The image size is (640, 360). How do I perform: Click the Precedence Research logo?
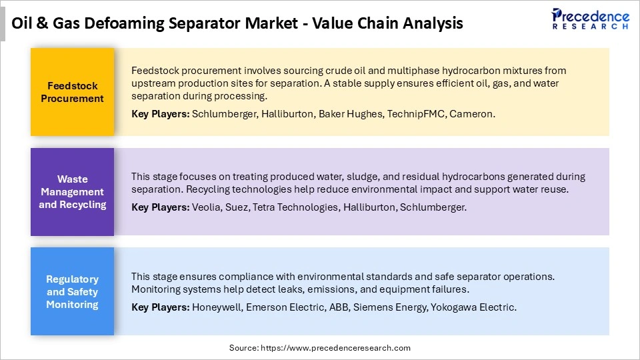[591, 18]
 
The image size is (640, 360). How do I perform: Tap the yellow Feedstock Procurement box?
[72, 92]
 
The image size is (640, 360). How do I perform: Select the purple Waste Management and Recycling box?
[72, 192]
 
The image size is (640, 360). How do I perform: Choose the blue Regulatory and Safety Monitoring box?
[72, 292]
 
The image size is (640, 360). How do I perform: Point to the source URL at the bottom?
[320, 348]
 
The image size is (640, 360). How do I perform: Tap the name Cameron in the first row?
[471, 114]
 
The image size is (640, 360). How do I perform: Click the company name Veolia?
[206, 207]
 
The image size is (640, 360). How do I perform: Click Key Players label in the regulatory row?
[160, 307]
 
